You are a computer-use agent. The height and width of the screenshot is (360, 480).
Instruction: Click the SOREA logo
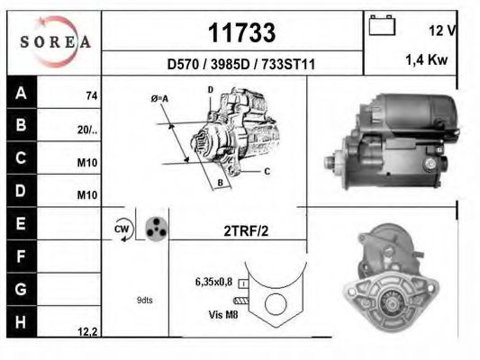[55, 41]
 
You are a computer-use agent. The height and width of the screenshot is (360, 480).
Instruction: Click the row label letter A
[22, 92]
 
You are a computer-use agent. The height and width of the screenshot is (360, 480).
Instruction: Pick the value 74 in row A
[91, 95]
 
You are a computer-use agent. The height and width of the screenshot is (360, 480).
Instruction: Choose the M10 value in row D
[88, 194]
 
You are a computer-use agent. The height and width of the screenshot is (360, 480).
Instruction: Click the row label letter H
[22, 319]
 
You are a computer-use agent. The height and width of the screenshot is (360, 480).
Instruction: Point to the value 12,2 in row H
[87, 332]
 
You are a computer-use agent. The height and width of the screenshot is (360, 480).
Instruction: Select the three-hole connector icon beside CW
[156, 229]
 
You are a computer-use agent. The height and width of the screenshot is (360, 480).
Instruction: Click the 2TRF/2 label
[245, 229]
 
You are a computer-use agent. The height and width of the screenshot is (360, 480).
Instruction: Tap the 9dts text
[144, 301]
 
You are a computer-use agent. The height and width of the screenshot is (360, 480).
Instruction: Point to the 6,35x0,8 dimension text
[213, 282]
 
